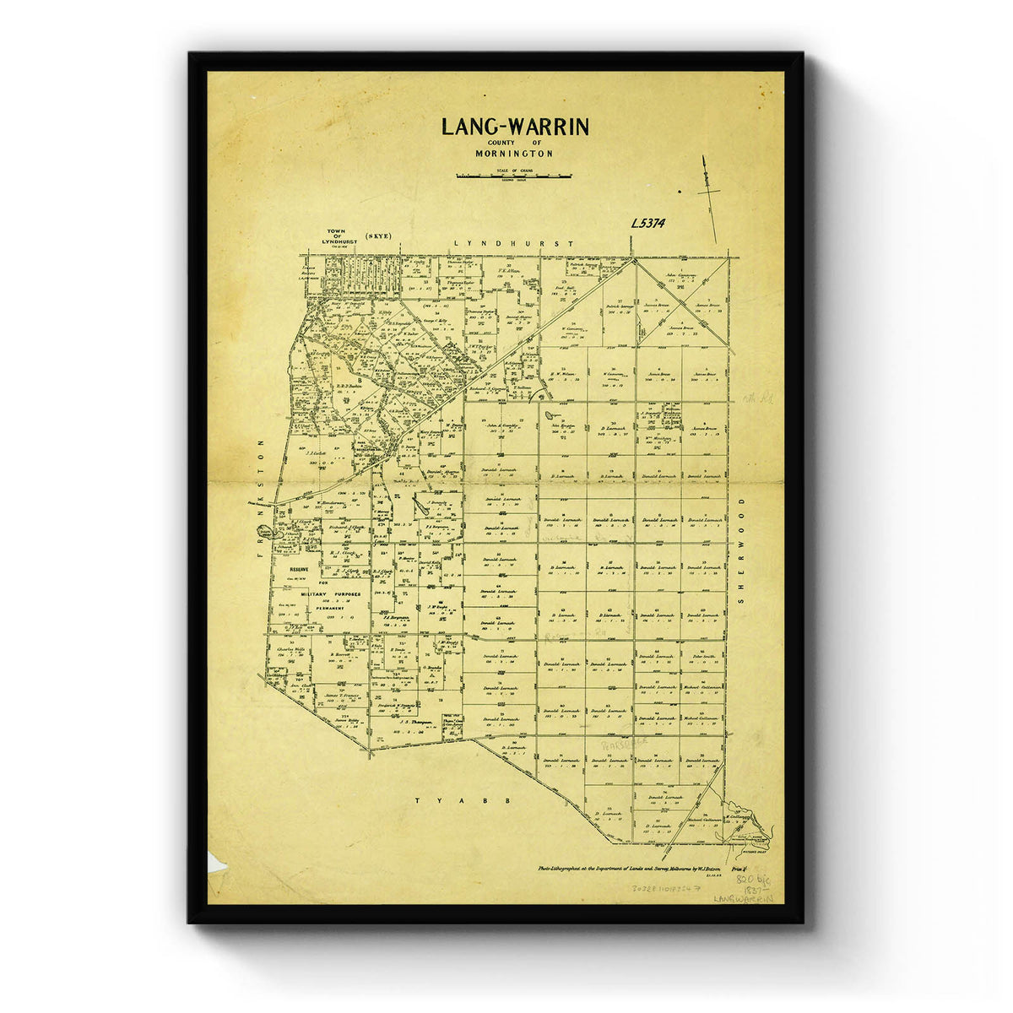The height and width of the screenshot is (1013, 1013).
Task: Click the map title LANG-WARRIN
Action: pyautogui.click(x=515, y=127)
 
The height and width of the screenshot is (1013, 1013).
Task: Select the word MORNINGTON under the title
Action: pyautogui.click(x=515, y=154)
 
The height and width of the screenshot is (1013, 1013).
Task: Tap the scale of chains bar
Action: pyautogui.click(x=514, y=176)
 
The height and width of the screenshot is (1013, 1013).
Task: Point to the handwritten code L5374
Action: pyautogui.click(x=648, y=224)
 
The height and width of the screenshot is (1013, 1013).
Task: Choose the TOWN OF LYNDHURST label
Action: pyautogui.click(x=335, y=237)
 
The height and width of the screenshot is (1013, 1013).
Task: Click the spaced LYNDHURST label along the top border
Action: pyautogui.click(x=513, y=243)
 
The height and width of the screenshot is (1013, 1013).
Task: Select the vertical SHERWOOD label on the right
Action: pyautogui.click(x=743, y=549)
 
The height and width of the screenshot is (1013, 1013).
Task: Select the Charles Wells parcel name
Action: pyautogui.click(x=290, y=649)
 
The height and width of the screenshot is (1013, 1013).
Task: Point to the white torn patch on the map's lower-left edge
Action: pyautogui.click(x=215, y=863)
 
